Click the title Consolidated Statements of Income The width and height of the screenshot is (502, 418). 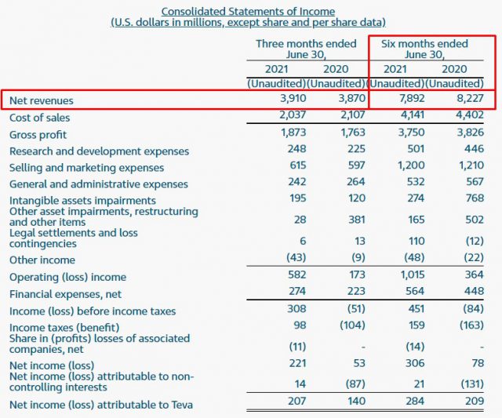pos(248,12)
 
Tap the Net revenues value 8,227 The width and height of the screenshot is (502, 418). pos(467,100)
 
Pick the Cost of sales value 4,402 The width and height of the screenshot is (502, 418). pos(467,117)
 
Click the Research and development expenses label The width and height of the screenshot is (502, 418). pos(99,151)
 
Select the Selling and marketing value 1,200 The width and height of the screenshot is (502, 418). pos(409,167)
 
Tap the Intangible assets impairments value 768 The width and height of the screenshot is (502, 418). pos(472,200)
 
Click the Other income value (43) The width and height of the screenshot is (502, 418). pos(295,260)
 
